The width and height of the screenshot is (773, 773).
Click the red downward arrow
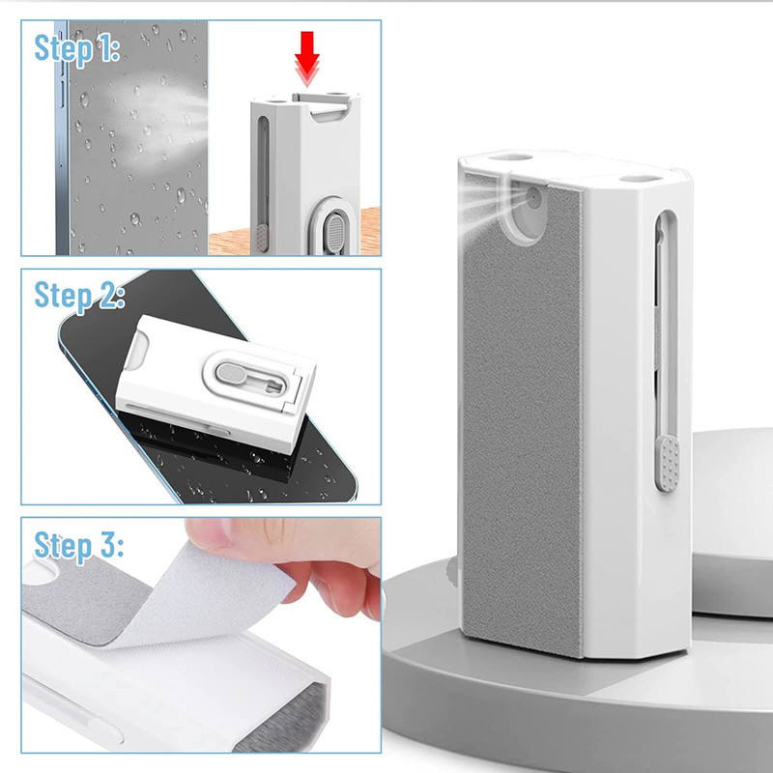[x=307, y=58]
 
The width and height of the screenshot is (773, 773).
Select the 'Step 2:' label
[x=79, y=297]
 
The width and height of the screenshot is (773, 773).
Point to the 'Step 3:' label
[x=78, y=546]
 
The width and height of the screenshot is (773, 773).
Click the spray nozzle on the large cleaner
[x=533, y=198]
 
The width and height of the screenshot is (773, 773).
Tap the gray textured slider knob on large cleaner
[x=668, y=464]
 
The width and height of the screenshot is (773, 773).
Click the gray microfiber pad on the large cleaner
[x=523, y=419]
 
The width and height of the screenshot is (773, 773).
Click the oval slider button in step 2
[x=232, y=373]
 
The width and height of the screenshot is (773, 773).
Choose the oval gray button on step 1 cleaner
[x=335, y=232]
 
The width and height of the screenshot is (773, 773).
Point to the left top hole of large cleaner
[x=510, y=157]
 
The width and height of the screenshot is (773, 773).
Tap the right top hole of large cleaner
[x=641, y=179]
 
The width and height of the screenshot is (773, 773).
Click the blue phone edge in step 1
[x=62, y=138]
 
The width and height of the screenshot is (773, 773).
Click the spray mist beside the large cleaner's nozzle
[x=488, y=205]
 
